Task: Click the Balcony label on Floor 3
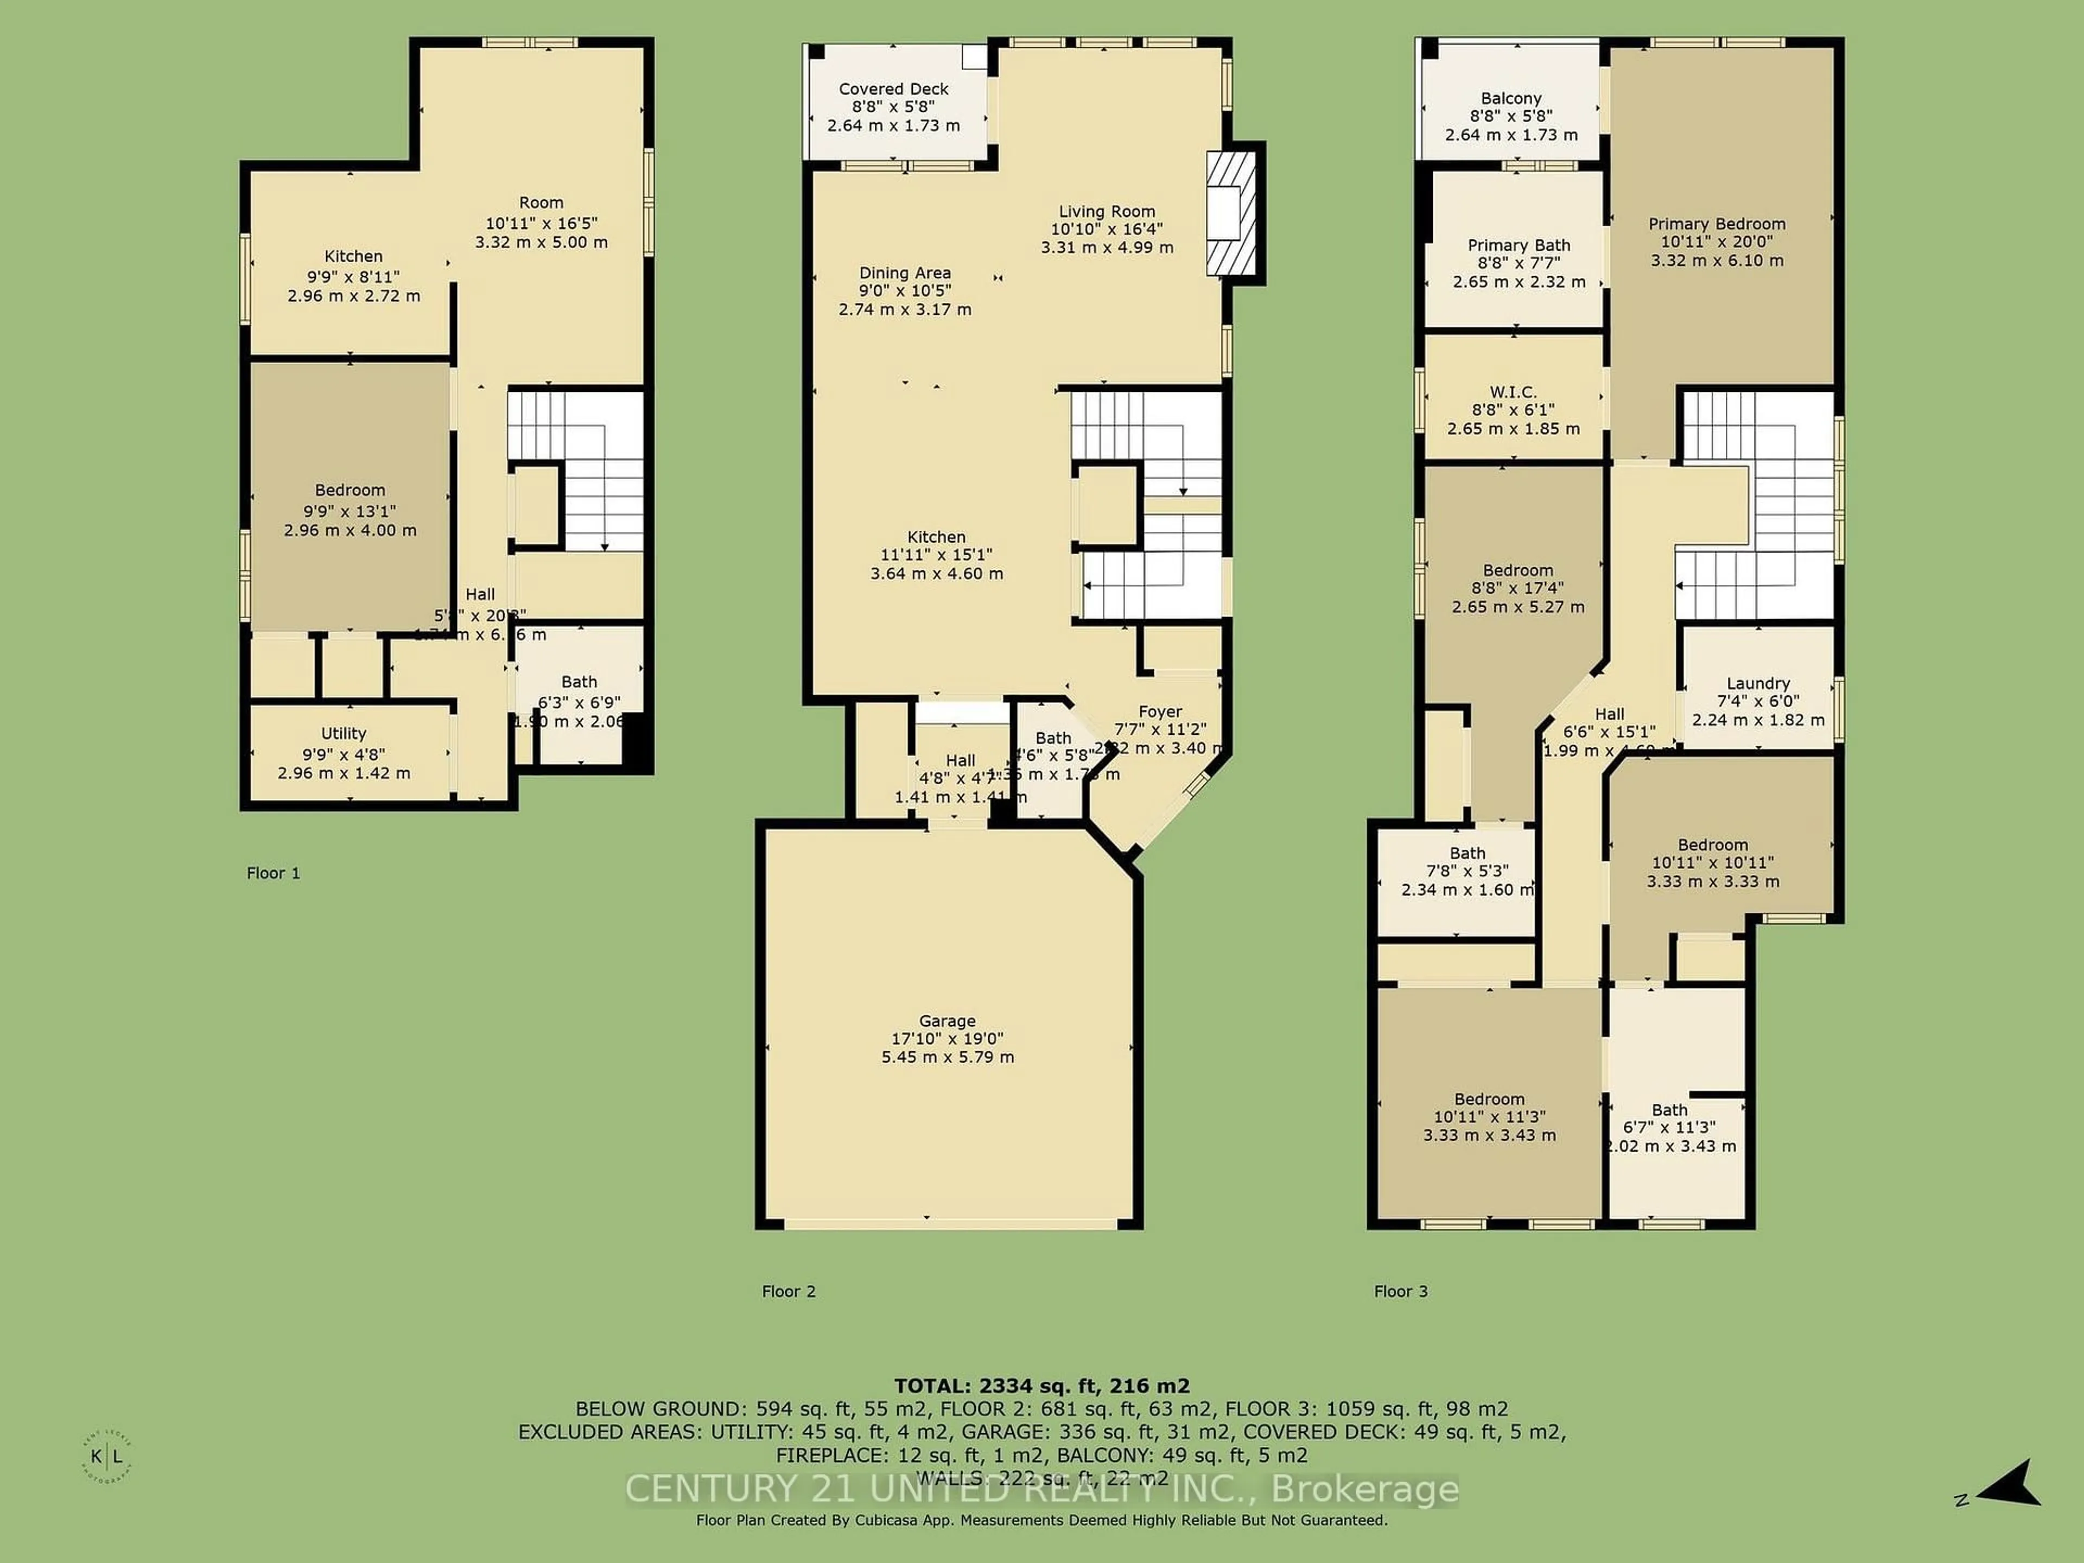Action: coord(1510,99)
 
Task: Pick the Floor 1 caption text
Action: coord(273,873)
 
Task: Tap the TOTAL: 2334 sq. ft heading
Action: coord(1041,1386)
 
